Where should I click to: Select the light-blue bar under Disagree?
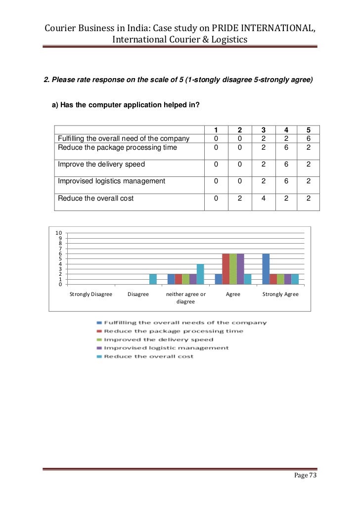tap(153, 279)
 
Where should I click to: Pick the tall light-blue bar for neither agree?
tap(200, 274)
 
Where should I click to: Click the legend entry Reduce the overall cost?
tap(148, 356)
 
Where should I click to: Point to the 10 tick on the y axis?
tap(58, 233)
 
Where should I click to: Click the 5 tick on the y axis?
tap(60, 258)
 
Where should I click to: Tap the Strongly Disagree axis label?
tap(91, 294)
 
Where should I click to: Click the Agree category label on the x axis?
tap(233, 294)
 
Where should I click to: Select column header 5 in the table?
tap(309, 130)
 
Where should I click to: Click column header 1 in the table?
tap(216, 130)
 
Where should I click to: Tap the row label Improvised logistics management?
tap(111, 181)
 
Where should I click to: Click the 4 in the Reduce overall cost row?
tap(262, 198)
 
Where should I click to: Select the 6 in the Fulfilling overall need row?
tap(309, 139)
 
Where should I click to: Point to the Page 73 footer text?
tap(305, 475)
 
